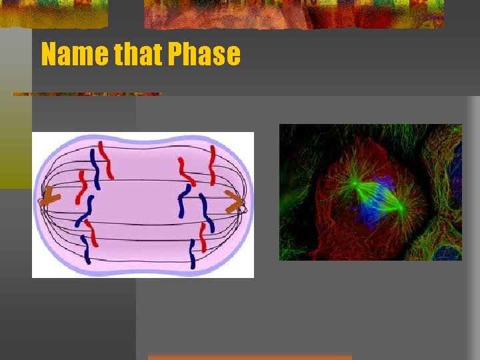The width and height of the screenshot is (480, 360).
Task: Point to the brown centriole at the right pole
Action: click(234, 200)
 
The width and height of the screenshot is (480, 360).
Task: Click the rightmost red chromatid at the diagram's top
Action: click(211, 159)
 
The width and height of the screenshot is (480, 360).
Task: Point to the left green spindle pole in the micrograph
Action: click(355, 184)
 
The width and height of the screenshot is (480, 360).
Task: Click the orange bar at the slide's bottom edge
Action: click(249, 357)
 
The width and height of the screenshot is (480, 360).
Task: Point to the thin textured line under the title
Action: click(87, 94)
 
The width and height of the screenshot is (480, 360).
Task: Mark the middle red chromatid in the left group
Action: click(83, 187)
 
